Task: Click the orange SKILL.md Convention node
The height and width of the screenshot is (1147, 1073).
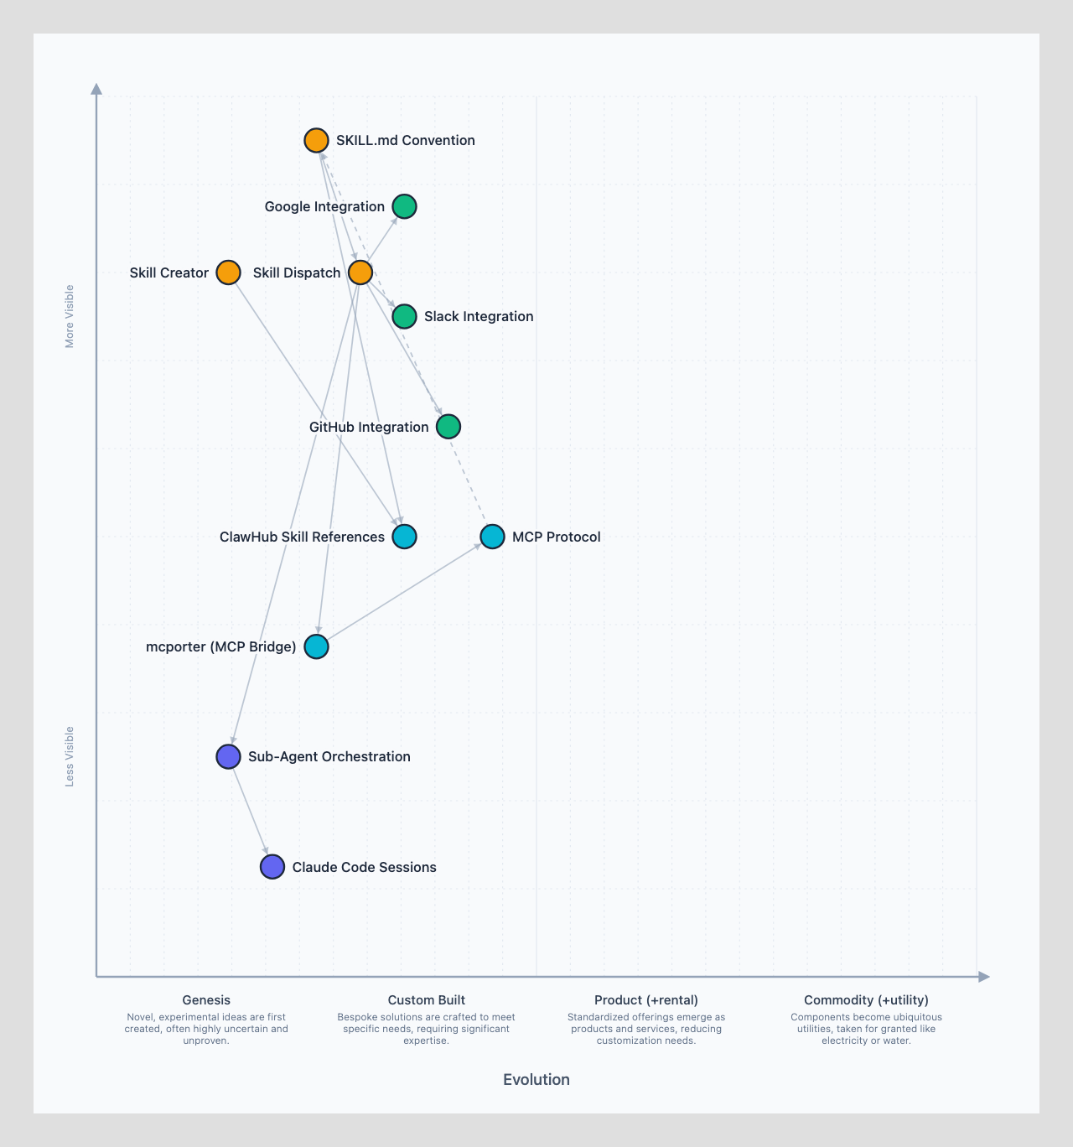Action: tap(316, 140)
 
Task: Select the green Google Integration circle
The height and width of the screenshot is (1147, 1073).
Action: tap(404, 206)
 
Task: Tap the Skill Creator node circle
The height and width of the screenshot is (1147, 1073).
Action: tap(228, 272)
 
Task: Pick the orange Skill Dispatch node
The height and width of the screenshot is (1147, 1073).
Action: tap(360, 272)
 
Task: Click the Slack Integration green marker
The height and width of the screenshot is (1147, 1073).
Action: tap(404, 316)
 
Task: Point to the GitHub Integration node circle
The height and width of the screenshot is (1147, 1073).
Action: tap(448, 427)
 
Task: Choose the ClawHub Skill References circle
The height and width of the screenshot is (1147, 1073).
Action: tap(404, 537)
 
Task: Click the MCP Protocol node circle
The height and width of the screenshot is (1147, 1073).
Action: tap(492, 537)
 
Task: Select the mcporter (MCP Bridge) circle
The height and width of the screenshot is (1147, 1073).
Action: tap(316, 646)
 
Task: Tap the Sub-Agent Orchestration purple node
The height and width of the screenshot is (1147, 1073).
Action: tap(228, 756)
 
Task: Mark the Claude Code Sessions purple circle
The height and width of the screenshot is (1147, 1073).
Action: tap(272, 867)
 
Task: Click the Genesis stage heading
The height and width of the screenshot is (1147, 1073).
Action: tap(206, 1000)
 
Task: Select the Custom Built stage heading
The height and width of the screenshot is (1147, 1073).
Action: tap(426, 1000)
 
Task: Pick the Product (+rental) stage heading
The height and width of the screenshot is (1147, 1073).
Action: tap(646, 1000)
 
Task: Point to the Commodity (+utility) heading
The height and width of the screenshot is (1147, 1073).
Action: tap(866, 1000)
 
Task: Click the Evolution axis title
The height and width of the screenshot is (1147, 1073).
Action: tap(536, 1080)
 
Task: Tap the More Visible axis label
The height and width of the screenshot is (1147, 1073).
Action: tap(70, 316)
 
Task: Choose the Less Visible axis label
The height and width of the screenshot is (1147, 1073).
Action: tap(70, 756)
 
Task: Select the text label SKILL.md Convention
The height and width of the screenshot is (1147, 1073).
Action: tap(406, 140)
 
